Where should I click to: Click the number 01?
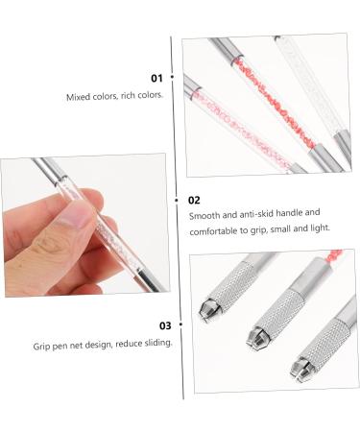coord(156,78)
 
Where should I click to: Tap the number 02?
coord(194,201)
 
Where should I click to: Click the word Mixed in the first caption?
coord(79,97)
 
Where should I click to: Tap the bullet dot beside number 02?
coord(178,200)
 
